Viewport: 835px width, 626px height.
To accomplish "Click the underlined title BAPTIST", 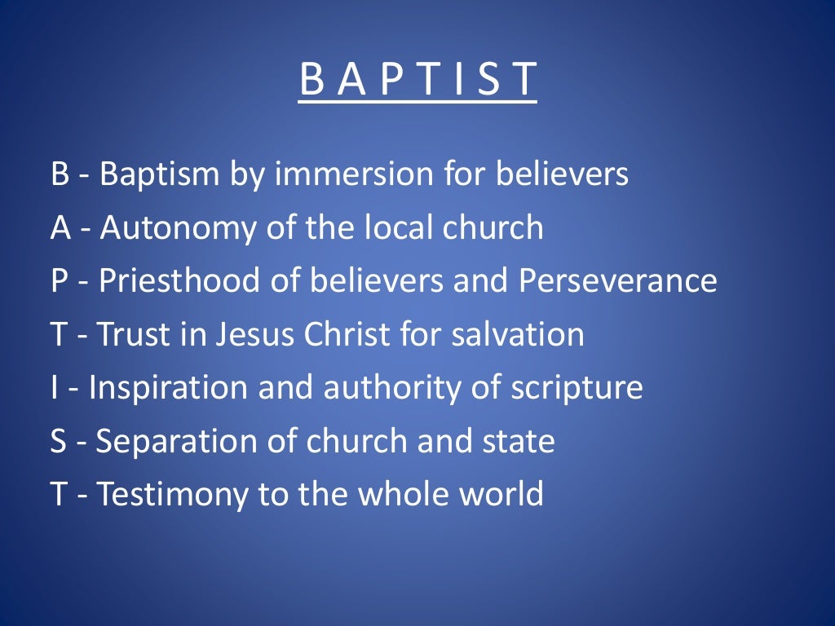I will point(417,81).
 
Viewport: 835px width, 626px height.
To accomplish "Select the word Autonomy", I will point(170,228).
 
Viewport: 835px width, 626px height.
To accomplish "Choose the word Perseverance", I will point(617,281).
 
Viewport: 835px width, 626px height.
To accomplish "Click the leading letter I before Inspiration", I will point(54,388).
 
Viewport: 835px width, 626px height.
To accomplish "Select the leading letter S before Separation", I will point(60,441).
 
